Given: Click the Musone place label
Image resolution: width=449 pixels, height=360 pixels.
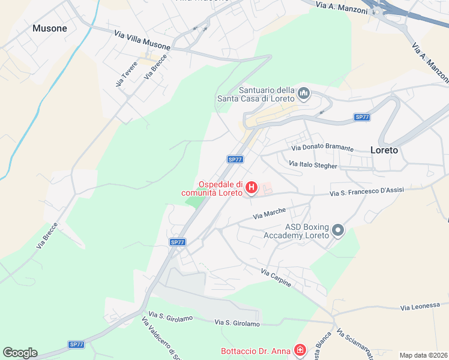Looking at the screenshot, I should point(50,28).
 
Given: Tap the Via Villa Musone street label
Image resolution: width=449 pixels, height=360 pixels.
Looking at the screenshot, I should point(142,41).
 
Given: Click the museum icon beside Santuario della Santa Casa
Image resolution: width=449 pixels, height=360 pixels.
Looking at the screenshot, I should point(304,94).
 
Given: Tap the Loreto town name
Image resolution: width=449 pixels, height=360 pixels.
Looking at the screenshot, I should point(384,150).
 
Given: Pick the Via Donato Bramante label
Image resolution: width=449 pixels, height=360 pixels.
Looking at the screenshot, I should point(322,148).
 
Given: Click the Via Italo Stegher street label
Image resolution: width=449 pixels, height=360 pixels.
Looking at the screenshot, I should point(313,164).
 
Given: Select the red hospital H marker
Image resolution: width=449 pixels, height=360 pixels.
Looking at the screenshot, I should point(252,188).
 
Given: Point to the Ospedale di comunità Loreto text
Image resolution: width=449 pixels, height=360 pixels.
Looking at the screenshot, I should point(213,188).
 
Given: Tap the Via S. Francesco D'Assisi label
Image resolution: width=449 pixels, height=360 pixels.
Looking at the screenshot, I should point(367,191).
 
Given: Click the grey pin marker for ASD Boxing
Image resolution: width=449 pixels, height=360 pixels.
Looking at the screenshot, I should point(337,230).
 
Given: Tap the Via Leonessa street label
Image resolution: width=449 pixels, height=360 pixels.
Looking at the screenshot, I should point(420,307).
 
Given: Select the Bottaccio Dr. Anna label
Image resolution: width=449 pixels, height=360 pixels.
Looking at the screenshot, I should point(255,350).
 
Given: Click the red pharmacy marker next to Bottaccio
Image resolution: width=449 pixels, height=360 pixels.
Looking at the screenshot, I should point(300,350).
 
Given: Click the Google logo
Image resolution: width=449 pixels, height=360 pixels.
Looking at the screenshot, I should point(20,353).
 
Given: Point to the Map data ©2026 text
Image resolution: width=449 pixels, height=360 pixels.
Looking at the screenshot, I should point(423,355).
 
